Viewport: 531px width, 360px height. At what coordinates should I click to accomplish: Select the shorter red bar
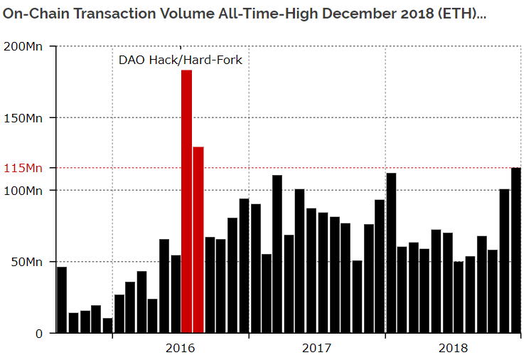click(x=198, y=239)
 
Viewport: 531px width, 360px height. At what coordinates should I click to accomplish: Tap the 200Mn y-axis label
click(x=23, y=47)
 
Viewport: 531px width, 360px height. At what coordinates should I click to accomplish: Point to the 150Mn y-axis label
click(x=23, y=118)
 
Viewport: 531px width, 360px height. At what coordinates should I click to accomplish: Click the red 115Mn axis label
click(x=23, y=168)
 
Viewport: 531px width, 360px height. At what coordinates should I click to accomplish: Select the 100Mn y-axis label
click(x=23, y=191)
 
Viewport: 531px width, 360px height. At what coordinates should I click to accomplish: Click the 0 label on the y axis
click(x=39, y=333)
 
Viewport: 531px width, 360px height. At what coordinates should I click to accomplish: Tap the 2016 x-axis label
click(x=180, y=348)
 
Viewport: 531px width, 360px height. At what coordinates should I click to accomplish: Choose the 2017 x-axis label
click(x=316, y=348)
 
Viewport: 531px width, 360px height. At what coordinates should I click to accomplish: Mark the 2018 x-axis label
click(x=453, y=348)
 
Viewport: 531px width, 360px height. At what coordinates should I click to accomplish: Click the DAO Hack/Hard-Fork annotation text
click(x=180, y=60)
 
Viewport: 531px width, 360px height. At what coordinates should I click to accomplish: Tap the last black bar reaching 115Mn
click(x=515, y=250)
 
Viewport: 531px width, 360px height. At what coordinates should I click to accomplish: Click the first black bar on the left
click(x=62, y=300)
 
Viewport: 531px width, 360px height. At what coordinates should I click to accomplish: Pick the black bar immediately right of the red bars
click(x=210, y=285)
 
